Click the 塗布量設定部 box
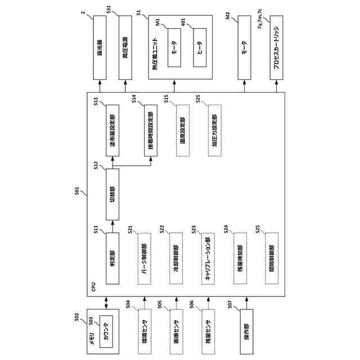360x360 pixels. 112,130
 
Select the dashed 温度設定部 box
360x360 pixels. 182,130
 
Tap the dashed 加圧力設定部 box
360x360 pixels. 214,130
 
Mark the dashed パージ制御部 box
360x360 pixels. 144,256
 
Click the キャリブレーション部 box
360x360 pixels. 208,256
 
